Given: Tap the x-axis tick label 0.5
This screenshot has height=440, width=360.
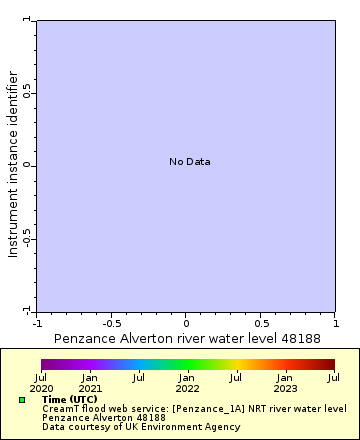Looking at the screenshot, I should [x=261, y=323].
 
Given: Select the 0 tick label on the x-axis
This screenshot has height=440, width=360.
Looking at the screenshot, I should [x=186, y=323].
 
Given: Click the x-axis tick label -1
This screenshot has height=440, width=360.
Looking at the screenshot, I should [x=37, y=323].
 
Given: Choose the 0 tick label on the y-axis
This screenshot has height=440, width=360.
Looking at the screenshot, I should [x=27, y=166].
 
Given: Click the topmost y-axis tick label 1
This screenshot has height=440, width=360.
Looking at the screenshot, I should [x=27, y=20].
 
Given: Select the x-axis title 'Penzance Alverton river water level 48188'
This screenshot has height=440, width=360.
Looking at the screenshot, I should [x=186, y=339].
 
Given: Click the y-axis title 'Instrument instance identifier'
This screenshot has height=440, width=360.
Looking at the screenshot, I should [x=13, y=164].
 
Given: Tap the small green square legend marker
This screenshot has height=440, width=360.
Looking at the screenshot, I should [x=22, y=400].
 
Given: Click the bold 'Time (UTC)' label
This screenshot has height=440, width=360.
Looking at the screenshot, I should [x=70, y=399].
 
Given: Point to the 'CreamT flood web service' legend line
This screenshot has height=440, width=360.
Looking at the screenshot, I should [x=194, y=408].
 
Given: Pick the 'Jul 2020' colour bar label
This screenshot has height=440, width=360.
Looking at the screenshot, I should [x=41, y=382].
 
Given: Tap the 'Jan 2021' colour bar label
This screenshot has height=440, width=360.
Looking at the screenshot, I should [x=90, y=382].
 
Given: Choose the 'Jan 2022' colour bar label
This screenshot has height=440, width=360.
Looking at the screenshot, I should [x=187, y=382].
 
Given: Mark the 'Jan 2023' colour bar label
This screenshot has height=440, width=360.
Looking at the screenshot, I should [x=285, y=382].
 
